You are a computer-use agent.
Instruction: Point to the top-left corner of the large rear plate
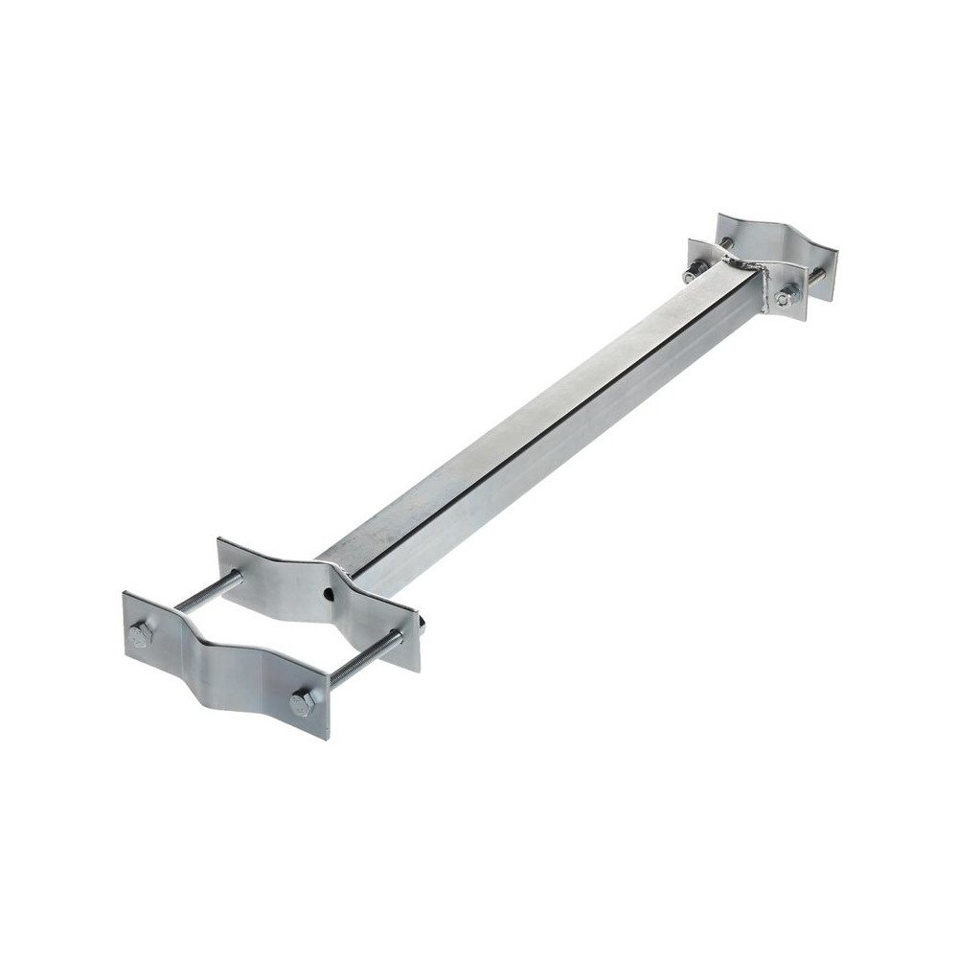[x=221, y=544]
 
